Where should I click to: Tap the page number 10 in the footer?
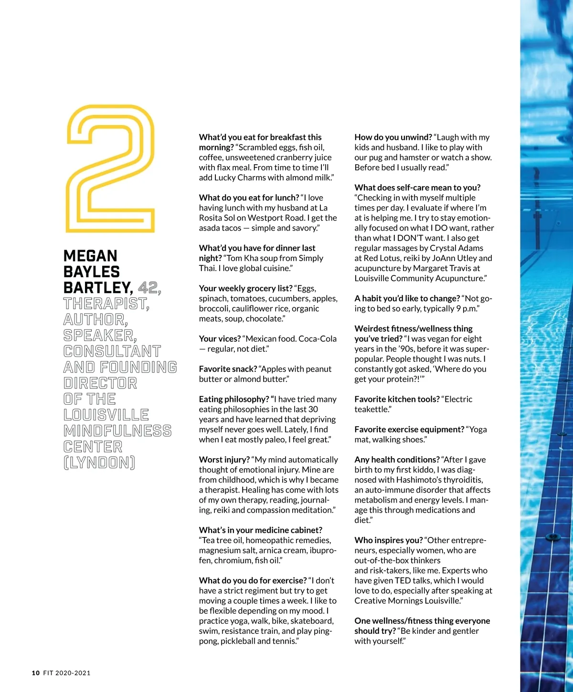tap(36, 673)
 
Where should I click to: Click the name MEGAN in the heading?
tap(90, 256)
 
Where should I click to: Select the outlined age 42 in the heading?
tap(149, 288)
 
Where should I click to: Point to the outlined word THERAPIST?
tap(106, 304)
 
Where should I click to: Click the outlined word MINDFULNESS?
tap(117, 431)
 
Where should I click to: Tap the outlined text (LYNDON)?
tap(99, 462)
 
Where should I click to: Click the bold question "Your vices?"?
tap(220, 339)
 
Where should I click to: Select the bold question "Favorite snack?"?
tap(228, 369)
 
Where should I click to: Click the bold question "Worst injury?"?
tap(224, 460)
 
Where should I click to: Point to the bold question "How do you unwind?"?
tap(393, 137)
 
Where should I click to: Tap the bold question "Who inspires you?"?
tap(388, 540)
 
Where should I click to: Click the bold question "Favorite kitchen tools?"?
tap(397, 399)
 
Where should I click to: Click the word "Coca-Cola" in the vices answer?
tap(318, 339)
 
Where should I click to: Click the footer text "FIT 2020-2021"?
tap(66, 673)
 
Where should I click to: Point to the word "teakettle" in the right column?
tap(371, 409)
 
